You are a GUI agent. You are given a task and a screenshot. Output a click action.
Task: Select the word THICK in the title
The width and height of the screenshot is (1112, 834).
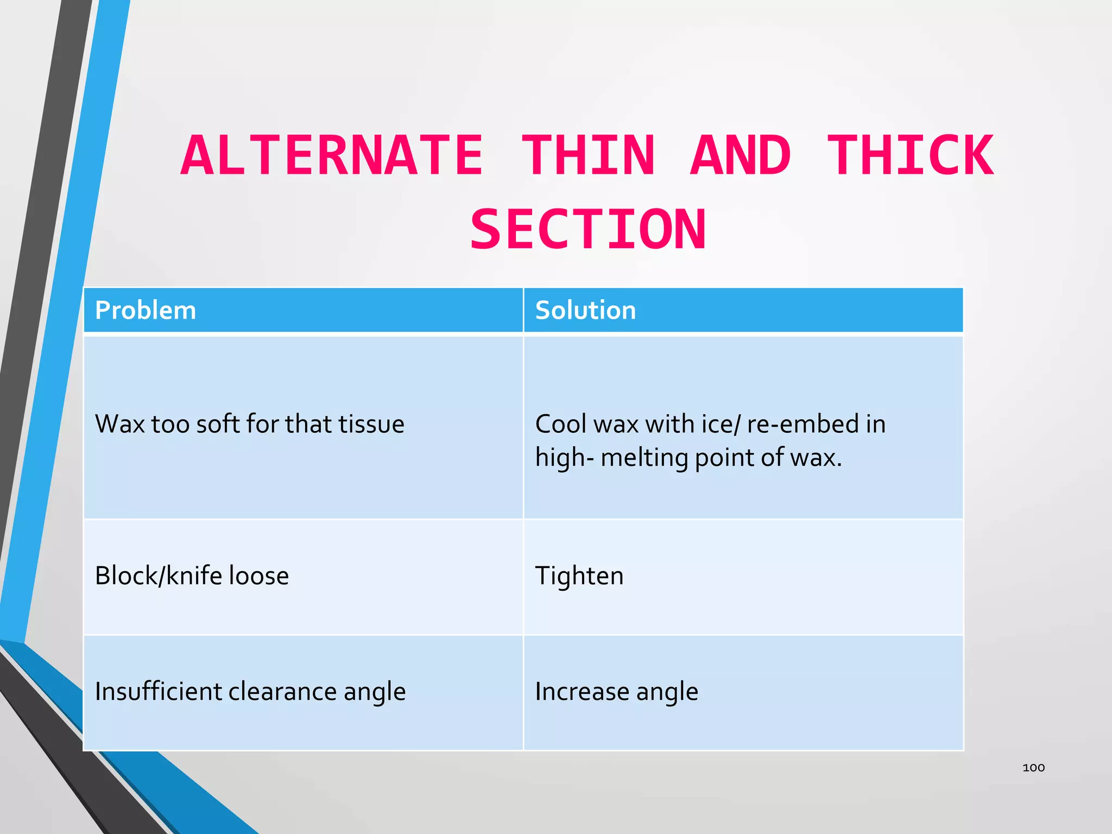910,156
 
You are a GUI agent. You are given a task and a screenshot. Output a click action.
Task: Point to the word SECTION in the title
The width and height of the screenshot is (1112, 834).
588,230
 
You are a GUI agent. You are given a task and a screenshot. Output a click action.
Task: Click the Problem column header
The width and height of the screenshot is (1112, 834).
145,310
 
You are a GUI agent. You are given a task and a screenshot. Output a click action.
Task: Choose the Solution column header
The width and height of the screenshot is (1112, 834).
585,310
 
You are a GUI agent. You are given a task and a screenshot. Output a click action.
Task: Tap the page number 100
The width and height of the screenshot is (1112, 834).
1033,767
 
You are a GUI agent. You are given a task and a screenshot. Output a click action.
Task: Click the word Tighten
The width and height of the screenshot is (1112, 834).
579,576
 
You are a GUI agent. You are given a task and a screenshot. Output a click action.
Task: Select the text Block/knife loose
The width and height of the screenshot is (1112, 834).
192,576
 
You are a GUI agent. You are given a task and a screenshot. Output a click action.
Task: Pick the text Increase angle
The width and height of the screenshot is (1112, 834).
616,691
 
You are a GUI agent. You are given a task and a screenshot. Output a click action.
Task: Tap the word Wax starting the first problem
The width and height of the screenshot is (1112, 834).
119,424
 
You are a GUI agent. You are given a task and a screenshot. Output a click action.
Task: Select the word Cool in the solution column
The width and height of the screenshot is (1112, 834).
561,424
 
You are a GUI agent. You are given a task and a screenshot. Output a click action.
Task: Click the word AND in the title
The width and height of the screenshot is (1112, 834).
741,156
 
